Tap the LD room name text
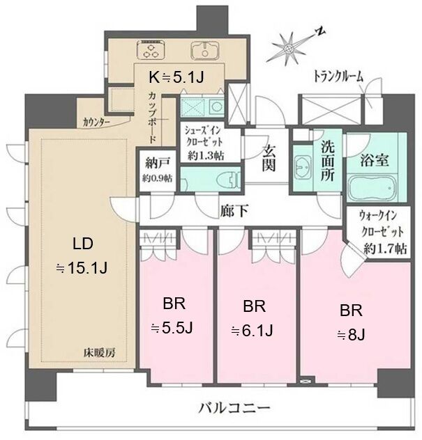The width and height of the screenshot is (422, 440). coord(83,244)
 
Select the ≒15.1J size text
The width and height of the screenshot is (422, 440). coord(82,269)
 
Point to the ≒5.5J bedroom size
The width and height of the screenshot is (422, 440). coord(172,327)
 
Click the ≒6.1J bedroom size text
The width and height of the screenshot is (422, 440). coord(252,330)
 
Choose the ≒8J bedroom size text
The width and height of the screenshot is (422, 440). coord(351,334)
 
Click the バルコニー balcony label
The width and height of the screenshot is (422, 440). coord(234,407)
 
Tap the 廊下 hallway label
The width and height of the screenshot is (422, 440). coord(234,211)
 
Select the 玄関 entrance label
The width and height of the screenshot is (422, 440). coord(269,159)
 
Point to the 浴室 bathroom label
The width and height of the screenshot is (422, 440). coord(374,161)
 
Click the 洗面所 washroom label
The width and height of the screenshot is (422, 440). coord(328,161)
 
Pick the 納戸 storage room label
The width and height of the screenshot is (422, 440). coord(158,164)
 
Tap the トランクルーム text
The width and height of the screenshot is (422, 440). coord(338,77)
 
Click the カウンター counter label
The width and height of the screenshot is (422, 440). coord(96,123)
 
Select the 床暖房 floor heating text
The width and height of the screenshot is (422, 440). coord(100,353)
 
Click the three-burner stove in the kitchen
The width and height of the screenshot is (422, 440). coord(151,50)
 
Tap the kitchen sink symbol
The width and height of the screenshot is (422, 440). coord(205,50)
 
